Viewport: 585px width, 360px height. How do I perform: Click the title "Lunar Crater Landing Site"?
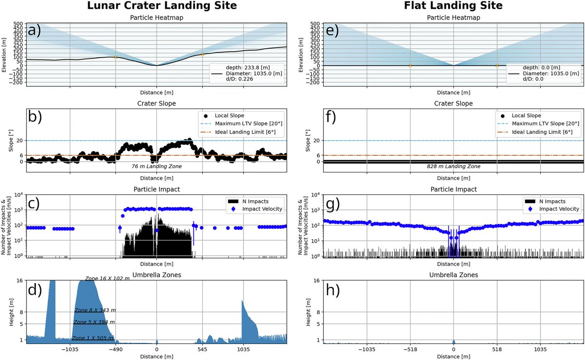tap(162, 5)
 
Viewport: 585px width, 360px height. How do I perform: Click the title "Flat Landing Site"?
tap(453, 5)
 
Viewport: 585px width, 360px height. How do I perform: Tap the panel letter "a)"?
tap(35, 31)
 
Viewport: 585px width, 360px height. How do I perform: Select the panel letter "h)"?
tap(333, 290)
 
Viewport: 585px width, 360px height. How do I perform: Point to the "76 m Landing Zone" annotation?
tap(156, 166)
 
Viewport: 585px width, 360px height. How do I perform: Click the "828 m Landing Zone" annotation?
tap(453, 166)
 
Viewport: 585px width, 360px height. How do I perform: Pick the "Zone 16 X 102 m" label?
tap(107, 279)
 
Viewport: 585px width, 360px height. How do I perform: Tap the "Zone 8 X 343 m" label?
tap(95, 310)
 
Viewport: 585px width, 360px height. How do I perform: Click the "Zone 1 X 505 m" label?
tap(93, 338)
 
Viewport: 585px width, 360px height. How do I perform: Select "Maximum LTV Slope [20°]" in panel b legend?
tap(249, 123)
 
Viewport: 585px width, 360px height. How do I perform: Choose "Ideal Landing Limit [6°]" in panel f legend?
tap(542, 132)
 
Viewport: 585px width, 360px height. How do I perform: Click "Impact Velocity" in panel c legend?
tap(262, 209)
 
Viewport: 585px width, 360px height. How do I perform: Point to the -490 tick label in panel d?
tap(116, 349)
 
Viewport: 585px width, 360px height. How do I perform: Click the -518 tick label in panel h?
tap(410, 349)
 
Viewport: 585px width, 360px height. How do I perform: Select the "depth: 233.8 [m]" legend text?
tap(248, 68)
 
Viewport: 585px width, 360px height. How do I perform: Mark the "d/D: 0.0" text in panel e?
tap(533, 79)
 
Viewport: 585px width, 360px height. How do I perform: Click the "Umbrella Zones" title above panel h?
tap(454, 275)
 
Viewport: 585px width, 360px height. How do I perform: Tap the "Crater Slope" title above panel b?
tap(156, 103)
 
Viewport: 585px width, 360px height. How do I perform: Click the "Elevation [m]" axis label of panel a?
tap(4, 55)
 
